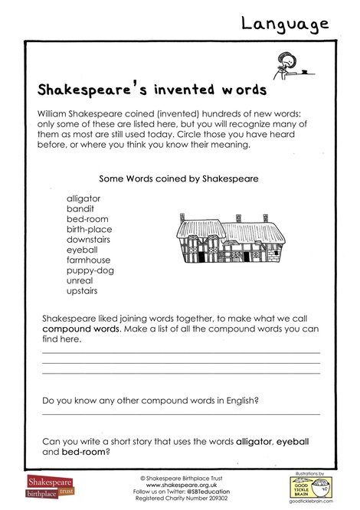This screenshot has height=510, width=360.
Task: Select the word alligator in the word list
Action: pyautogui.click(x=83, y=198)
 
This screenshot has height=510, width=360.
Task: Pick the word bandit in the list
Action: pyautogui.click(x=80, y=208)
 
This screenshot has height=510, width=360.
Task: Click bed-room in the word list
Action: pyautogui.click(x=86, y=219)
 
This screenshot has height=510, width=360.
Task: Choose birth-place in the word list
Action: pyautogui.click(x=89, y=229)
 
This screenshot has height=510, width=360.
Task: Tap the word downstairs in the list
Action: pyautogui.click(x=89, y=240)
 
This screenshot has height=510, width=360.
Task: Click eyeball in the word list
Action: pyautogui.click(x=82, y=250)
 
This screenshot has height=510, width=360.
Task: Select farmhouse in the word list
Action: pyautogui.click(x=88, y=260)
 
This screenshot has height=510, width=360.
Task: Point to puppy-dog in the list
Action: pyautogui.click(x=88, y=270)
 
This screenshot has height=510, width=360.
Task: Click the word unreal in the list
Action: pyautogui.click(x=79, y=281)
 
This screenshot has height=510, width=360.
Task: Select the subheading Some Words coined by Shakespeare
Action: pyautogui.click(x=178, y=178)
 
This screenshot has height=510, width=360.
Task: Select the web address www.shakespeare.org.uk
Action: pyautogui.click(x=179, y=485)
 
